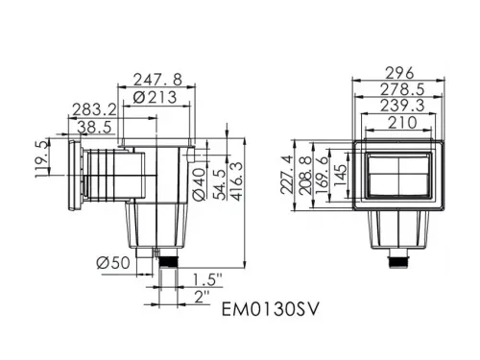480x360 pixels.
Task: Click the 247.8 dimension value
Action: click(157, 80)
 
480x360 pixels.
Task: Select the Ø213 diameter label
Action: click(155, 97)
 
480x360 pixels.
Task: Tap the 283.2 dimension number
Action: click(94, 109)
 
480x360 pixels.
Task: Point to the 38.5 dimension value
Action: click(95, 127)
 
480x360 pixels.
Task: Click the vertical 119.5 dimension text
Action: click(42, 159)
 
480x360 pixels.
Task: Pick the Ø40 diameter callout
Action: click(200, 184)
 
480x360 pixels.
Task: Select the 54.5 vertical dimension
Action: click(220, 184)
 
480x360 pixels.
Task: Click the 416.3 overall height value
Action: click(237, 181)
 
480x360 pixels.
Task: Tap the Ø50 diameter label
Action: click(113, 263)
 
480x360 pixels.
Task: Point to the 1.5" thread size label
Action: click(207, 279)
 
